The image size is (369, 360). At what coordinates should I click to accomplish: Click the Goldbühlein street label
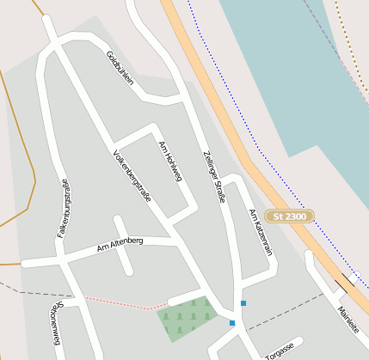click(120, 68)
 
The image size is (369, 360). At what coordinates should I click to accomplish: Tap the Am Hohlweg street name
click(171, 161)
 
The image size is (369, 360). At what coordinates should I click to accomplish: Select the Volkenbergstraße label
click(132, 176)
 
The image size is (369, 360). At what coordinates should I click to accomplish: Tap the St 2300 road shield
click(289, 217)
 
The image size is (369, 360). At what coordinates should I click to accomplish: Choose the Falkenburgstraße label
click(63, 211)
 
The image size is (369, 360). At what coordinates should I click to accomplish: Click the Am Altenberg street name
click(120, 247)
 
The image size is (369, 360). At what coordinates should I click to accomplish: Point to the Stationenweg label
click(55, 323)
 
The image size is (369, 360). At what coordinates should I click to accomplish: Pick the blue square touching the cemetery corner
click(231, 323)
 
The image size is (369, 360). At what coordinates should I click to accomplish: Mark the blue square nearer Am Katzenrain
click(243, 302)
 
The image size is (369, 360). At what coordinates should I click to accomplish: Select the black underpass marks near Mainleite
click(345, 281)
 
